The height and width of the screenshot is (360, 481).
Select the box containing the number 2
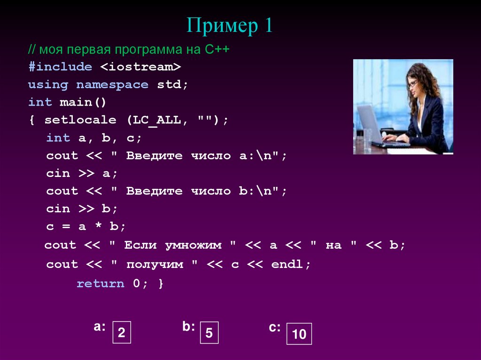pos(121,333)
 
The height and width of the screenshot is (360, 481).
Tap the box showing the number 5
pos(209,333)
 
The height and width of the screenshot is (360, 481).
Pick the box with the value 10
pos(299,334)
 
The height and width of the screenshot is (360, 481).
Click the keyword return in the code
pos(101,284)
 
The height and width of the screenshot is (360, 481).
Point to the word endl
pos(288,265)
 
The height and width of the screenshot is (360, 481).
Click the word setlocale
pos(80,120)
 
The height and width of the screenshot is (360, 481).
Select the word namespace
pos(112,85)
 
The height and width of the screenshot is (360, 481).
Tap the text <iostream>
pos(140,67)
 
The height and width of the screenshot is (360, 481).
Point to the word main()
pos(83,102)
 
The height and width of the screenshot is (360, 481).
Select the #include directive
pos(60,67)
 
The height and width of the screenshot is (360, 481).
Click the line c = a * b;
pos(86,226)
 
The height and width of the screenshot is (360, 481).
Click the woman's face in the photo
pos(413,85)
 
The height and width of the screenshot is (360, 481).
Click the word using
pos(48,85)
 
